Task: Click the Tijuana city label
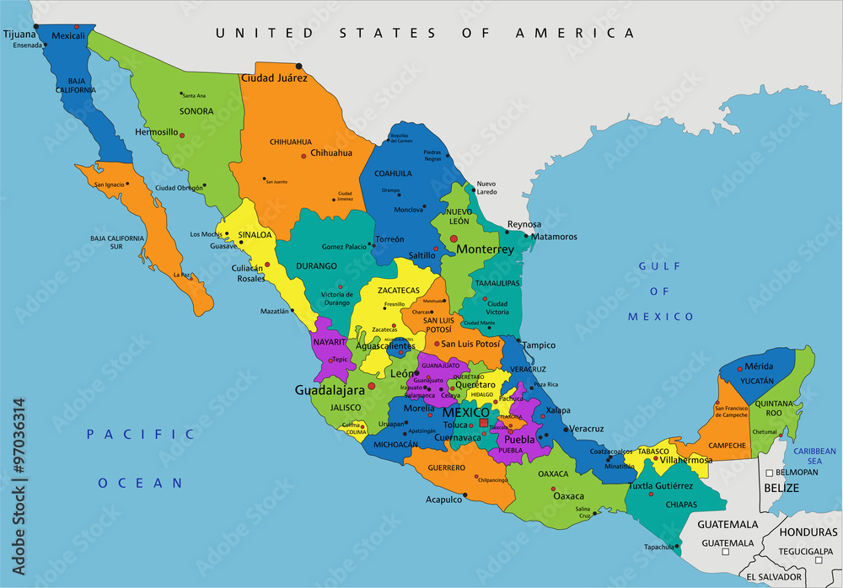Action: pyautogui.click(x=21, y=35)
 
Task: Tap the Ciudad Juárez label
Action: pyautogui.click(x=274, y=78)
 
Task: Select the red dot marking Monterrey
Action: pyautogui.click(x=454, y=240)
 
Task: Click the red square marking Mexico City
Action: pyautogui.click(x=483, y=413)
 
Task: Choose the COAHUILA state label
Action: pyautogui.click(x=392, y=174)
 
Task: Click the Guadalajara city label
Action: pyautogui.click(x=329, y=390)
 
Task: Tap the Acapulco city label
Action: pyautogui.click(x=443, y=499)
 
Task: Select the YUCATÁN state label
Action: pyautogui.click(x=756, y=381)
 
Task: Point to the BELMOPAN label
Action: pyautogui.click(x=797, y=473)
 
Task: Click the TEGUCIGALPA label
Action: pyautogui.click(x=804, y=552)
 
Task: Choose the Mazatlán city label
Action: pyautogui.click(x=275, y=311)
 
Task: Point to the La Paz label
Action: pyautogui.click(x=181, y=275)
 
